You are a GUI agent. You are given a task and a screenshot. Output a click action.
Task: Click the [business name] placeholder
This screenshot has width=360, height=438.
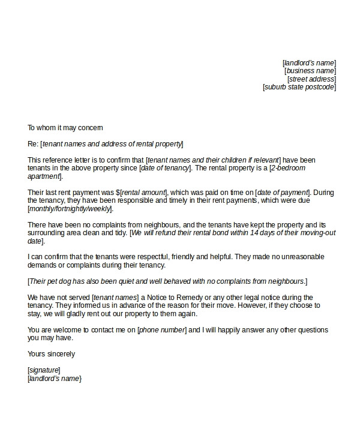pos(310,71)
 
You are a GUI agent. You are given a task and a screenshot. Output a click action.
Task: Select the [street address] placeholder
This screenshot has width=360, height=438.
pos(311,79)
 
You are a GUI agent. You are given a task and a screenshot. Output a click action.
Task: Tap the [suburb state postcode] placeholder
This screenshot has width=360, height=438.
pos(299,87)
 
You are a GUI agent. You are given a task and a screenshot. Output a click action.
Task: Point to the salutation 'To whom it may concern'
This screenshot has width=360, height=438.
pos(65,128)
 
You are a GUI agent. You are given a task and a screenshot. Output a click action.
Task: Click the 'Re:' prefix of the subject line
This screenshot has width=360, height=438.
pos(32,144)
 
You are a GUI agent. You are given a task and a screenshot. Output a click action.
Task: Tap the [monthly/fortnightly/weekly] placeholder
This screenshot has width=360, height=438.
pos(70,209)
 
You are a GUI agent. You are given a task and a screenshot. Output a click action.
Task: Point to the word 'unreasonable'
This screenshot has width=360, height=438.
pos(303,257)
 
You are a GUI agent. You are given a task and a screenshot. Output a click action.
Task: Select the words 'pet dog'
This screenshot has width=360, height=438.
pos(56,281)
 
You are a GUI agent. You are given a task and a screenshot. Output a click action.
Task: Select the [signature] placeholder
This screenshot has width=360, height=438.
pos(44,370)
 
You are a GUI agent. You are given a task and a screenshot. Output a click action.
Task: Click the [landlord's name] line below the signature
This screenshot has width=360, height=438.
pos(55,379)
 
